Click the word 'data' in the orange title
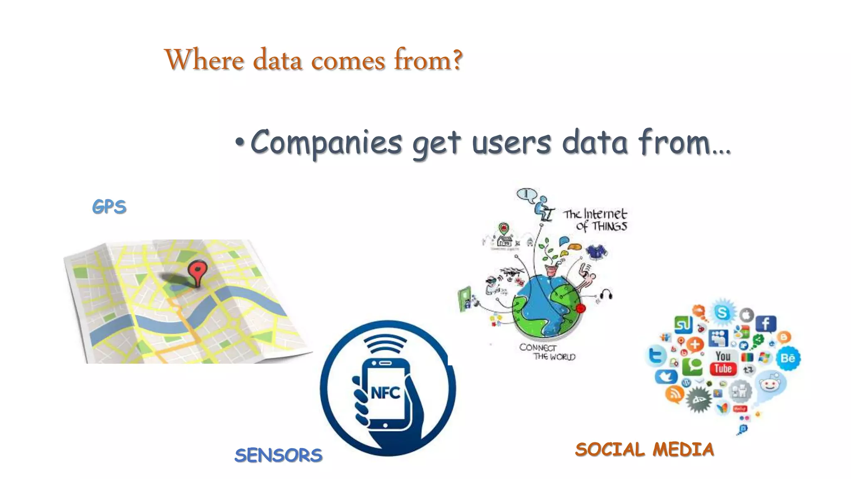[277, 60]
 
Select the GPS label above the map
[109, 207]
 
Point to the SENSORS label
[278, 455]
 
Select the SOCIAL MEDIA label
[644, 449]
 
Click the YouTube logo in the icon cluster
[723, 363]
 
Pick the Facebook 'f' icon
[765, 323]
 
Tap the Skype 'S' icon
[723, 312]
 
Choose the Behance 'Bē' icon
[787, 358]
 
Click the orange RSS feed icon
[674, 393]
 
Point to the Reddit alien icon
[770, 385]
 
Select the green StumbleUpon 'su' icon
[683, 324]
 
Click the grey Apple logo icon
[747, 315]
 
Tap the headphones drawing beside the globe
[606, 295]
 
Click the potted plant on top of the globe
[551, 262]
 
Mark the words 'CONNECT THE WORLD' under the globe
[547, 352]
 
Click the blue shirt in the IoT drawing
[596, 251]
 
